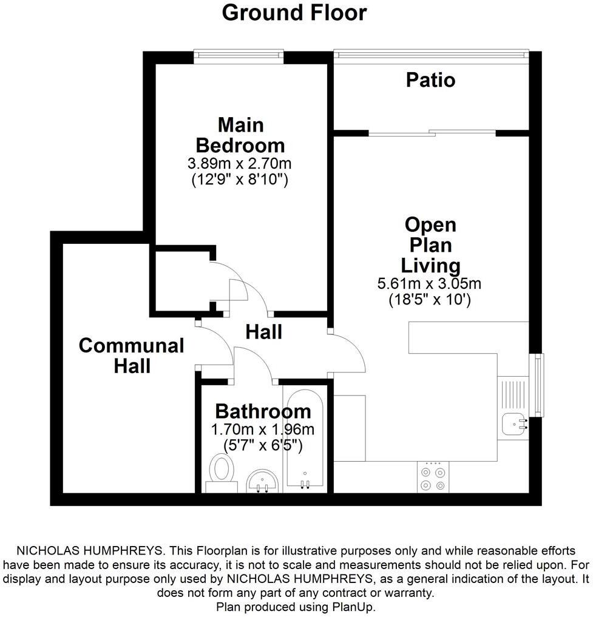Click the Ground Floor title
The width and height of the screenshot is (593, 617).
[294, 12]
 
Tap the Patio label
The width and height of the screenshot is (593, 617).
[430, 80]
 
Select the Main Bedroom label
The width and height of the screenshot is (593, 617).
[240, 135]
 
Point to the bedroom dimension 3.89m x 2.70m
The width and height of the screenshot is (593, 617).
[240, 164]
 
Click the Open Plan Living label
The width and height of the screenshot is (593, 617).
[430, 245]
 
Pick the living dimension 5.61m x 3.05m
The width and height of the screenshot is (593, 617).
[430, 283]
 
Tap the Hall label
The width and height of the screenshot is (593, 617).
[264, 332]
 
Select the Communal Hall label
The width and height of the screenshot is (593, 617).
[131, 356]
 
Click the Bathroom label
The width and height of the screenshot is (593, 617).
[263, 411]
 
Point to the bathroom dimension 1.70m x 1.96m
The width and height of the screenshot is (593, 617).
[263, 430]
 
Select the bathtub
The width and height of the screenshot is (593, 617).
[306, 440]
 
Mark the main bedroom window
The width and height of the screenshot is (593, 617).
[239, 56]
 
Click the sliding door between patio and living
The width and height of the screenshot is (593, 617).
[432, 132]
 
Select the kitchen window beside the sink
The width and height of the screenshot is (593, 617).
[537, 385]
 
